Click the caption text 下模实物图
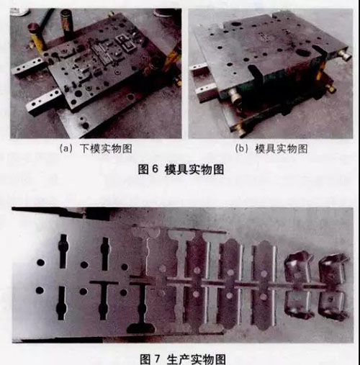tap(106, 149)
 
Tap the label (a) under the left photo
tap(66, 149)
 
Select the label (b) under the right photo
tap(241, 149)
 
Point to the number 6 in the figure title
tap(156, 169)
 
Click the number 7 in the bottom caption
tap(157, 359)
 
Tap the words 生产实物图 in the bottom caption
tap(196, 359)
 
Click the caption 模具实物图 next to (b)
tap(281, 149)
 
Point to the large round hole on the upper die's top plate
tap(302, 52)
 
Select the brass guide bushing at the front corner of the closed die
tap(235, 96)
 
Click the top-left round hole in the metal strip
tap(40, 262)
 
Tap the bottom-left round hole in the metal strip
tap(40, 290)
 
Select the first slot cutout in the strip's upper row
tap(63, 251)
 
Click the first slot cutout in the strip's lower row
tap(61, 303)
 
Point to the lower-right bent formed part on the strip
tap(333, 305)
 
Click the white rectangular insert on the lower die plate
tap(126, 44)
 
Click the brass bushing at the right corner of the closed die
tap(345, 54)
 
